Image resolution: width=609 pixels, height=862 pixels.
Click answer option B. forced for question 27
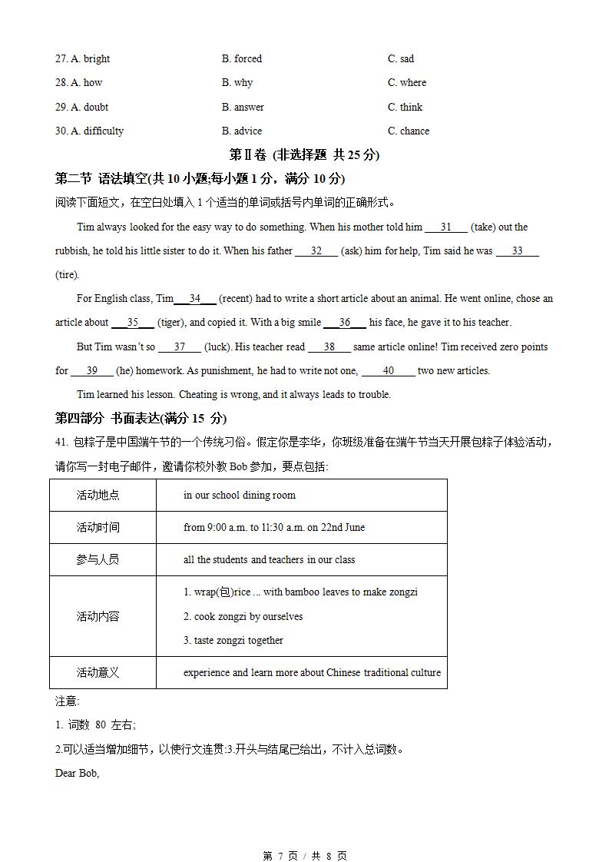point(241,58)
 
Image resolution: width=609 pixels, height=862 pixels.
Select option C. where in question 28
point(406,82)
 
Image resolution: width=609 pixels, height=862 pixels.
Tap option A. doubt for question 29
point(81,107)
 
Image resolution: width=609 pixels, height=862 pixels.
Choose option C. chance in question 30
point(408,131)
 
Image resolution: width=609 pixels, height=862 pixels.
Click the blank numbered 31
point(445,227)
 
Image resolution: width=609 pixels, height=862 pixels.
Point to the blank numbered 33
point(517,251)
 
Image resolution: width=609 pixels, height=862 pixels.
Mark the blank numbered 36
point(344,323)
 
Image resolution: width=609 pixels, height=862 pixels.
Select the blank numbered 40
point(388,371)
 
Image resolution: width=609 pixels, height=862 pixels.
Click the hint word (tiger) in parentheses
point(170,323)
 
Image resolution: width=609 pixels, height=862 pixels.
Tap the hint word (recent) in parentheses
point(235,299)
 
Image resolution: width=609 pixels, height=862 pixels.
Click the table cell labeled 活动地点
point(98,496)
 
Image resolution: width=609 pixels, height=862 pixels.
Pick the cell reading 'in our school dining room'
point(239,496)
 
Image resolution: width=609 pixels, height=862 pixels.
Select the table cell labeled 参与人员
point(98,560)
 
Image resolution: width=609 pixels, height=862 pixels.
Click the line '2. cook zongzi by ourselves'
point(243,616)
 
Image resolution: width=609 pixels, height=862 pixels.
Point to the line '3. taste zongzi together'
point(233,640)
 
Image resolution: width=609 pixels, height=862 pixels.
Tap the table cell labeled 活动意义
point(98,673)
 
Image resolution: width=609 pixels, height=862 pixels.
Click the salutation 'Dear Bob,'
point(77,773)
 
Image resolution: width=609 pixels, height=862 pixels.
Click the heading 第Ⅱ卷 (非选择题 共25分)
point(304,154)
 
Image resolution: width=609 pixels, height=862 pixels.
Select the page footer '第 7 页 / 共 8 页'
point(304,855)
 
